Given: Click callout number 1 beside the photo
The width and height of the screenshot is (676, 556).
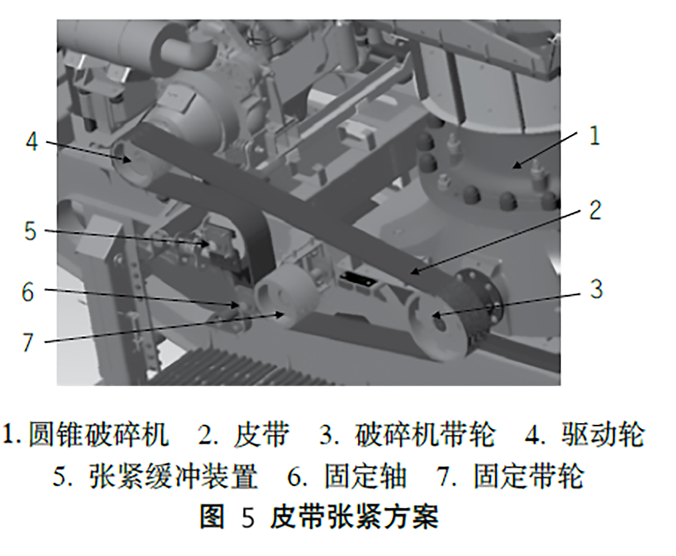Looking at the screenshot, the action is point(594,136).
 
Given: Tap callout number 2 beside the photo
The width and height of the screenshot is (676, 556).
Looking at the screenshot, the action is point(595,210).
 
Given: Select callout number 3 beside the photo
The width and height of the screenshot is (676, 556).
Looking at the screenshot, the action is point(596,289).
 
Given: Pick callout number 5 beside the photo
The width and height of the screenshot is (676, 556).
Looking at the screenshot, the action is point(31,231).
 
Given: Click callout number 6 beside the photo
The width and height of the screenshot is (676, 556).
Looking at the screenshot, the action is point(28,291).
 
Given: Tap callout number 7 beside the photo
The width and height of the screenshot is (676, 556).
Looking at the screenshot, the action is point(28,342).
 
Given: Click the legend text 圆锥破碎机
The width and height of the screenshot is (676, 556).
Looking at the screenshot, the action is point(99,434).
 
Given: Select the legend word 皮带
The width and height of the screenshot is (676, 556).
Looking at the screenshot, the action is point(261,434).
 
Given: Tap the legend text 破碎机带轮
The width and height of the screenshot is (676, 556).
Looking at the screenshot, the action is point(425,434).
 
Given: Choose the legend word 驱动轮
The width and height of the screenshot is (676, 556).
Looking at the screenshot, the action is point(603,434).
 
